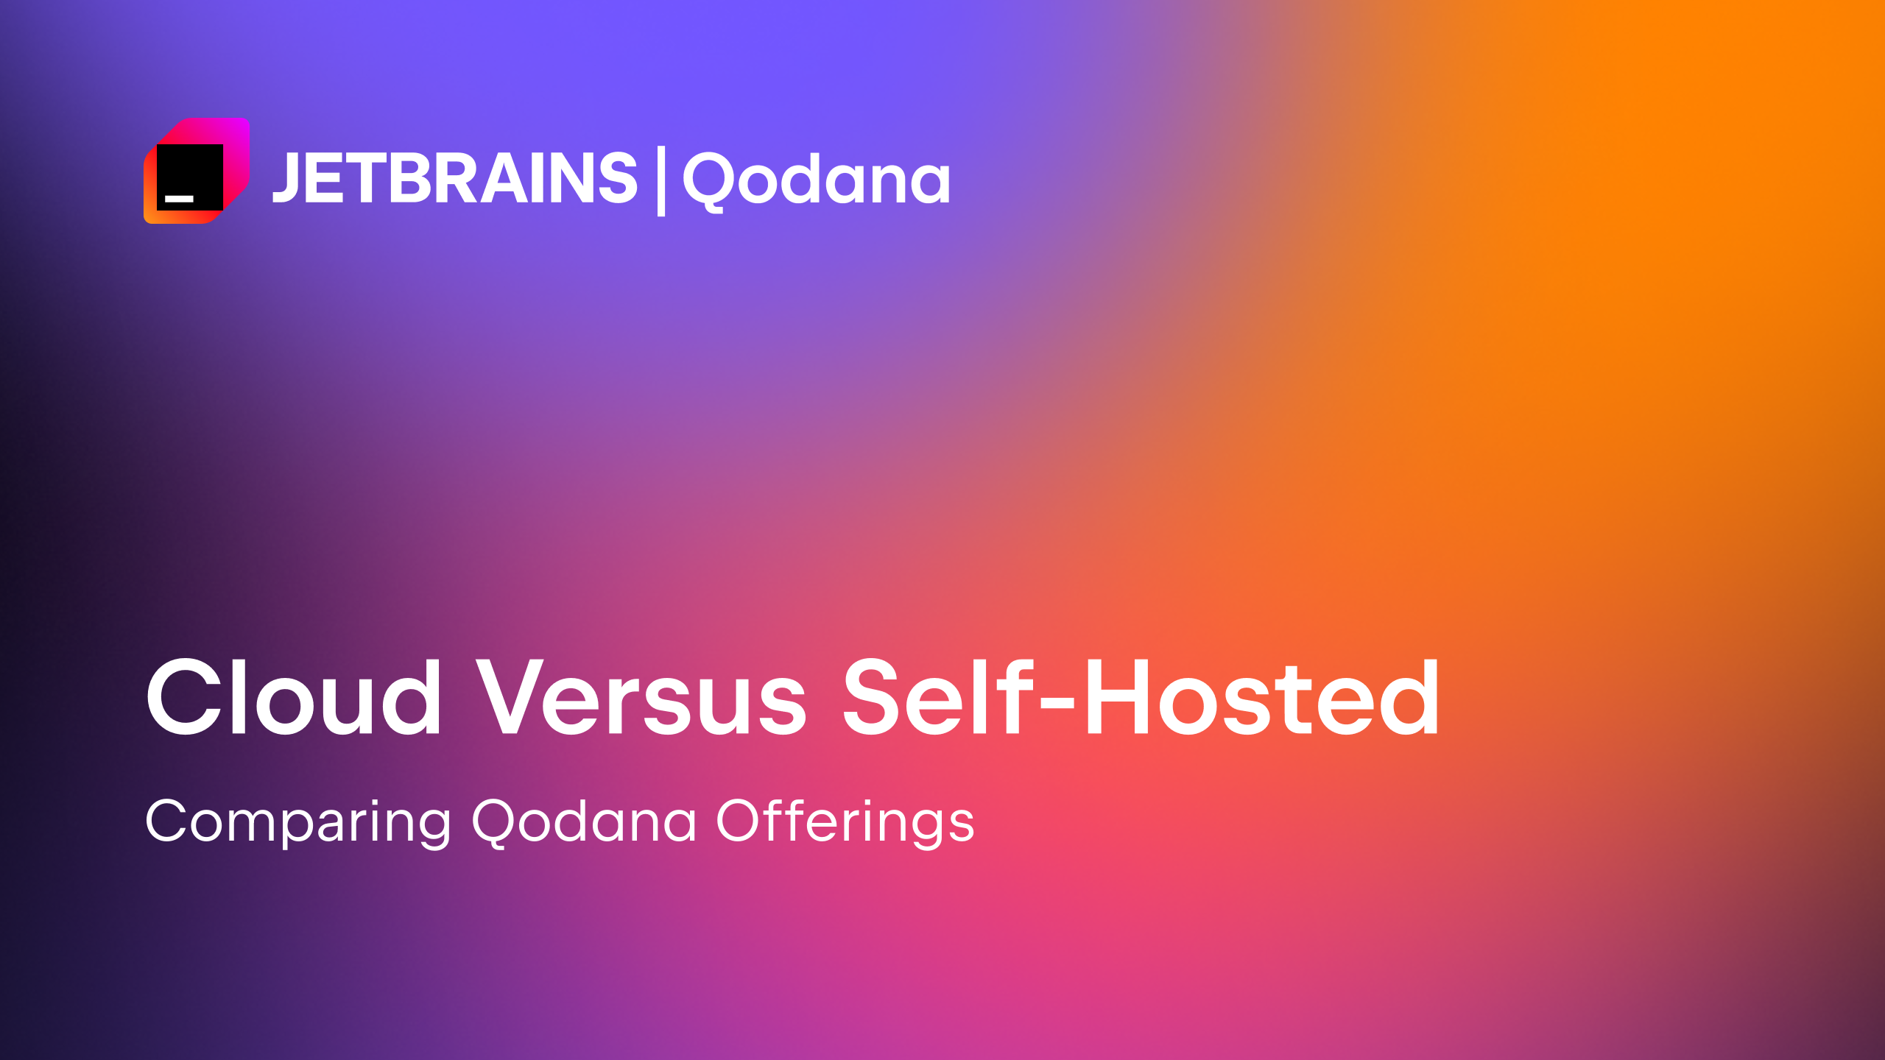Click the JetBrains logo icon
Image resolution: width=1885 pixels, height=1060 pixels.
point(197,170)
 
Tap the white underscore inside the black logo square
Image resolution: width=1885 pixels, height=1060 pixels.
point(179,199)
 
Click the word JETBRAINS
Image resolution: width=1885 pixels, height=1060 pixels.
point(455,177)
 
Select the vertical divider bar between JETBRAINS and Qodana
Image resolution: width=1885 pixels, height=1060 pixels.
point(660,181)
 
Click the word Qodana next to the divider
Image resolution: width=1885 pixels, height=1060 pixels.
point(817,181)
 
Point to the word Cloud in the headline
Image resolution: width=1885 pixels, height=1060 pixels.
point(294,697)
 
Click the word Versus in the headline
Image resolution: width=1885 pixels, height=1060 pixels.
point(641,697)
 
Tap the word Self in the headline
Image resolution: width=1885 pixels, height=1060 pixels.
point(939,696)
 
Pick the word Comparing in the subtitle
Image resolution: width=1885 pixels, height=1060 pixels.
point(298,822)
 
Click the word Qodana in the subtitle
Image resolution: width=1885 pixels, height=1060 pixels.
point(584,821)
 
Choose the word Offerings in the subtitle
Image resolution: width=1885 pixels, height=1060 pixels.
point(845,821)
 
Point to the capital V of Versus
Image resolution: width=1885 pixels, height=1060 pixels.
point(517,697)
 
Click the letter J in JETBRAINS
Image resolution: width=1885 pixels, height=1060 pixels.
point(286,177)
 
